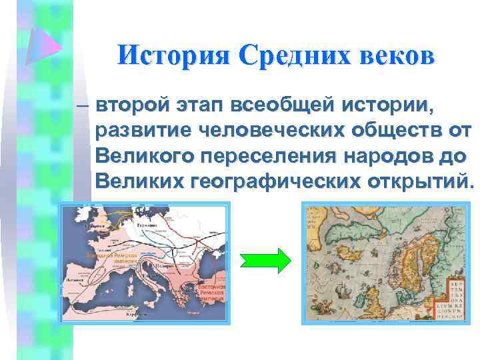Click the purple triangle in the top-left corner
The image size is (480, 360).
pos(42,43)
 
